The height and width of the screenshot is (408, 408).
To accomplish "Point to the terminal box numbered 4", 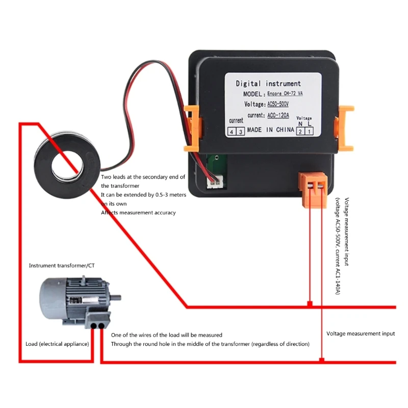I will pyautogui.click(x=233, y=132).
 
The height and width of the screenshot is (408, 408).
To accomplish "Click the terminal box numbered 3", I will pyautogui.click(x=240, y=132).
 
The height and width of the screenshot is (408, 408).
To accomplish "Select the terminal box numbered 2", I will pyautogui.click(x=300, y=132).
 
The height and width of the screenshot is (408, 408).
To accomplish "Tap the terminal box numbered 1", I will pyautogui.click(x=309, y=132).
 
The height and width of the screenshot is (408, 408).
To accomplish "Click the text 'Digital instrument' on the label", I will pyautogui.click(x=268, y=84).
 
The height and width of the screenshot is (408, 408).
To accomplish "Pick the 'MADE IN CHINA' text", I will pyautogui.click(x=270, y=130).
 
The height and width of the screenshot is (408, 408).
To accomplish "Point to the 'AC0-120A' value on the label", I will pyautogui.click(x=278, y=116).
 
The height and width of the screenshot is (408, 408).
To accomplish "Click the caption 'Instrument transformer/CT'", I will pyautogui.click(x=62, y=266).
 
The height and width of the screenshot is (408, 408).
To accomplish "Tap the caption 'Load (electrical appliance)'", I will pyautogui.click(x=57, y=344).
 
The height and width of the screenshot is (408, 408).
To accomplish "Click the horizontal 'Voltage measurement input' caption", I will pyautogui.click(x=361, y=334).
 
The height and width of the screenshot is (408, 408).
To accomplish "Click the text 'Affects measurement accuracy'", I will pyautogui.click(x=138, y=213).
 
